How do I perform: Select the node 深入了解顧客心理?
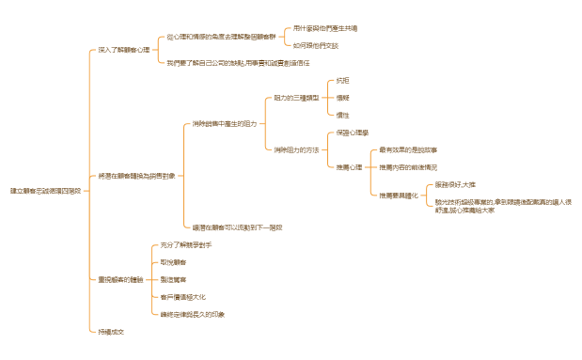[x=124, y=49]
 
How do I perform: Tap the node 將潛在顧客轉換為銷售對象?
[x=136, y=176]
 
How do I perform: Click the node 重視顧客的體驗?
[x=120, y=279]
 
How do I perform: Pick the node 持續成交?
[x=112, y=332]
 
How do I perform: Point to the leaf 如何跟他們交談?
[x=316, y=44]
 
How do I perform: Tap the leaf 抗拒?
[x=342, y=81]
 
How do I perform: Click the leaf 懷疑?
[x=342, y=98]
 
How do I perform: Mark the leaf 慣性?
[x=342, y=115]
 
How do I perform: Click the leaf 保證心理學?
[x=354, y=133]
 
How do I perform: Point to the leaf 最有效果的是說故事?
[x=408, y=149]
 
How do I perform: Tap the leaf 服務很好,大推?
[x=455, y=186]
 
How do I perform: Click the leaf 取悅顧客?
[x=174, y=262]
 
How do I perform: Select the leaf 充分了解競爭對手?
[x=186, y=244]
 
